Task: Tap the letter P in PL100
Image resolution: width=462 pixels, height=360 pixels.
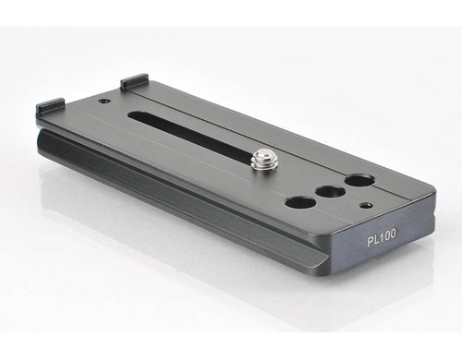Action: point(370,240)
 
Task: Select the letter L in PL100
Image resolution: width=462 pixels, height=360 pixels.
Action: point(376,239)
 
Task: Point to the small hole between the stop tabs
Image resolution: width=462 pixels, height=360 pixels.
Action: point(103,101)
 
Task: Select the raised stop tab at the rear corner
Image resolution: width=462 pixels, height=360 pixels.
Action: point(134,82)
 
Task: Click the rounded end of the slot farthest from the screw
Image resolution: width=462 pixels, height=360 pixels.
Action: point(132,115)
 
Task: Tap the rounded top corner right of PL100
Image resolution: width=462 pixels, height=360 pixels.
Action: point(431,195)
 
